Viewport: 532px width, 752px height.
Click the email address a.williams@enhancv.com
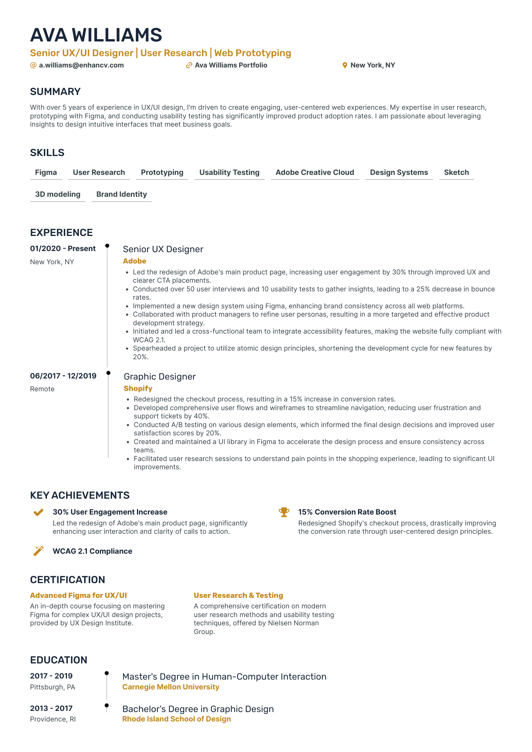(81, 65)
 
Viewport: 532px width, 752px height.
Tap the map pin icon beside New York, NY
(344, 65)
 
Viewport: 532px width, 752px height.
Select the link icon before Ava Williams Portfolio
(189, 65)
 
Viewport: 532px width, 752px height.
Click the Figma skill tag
(46, 173)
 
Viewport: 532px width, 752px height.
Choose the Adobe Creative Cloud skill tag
(315, 173)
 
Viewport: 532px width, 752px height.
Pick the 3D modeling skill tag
(58, 195)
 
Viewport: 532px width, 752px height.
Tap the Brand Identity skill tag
(121, 195)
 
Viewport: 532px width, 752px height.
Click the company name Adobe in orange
(135, 261)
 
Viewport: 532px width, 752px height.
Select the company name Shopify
(138, 389)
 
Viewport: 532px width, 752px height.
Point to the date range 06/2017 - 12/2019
(63, 376)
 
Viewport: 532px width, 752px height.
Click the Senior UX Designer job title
(163, 249)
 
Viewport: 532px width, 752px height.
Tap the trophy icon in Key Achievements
(284, 512)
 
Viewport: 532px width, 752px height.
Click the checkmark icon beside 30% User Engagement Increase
(38, 512)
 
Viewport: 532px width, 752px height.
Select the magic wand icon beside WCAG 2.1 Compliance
(38, 551)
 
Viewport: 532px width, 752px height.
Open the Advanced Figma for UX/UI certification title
(78, 596)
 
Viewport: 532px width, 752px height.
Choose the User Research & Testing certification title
(238, 596)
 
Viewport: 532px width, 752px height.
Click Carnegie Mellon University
(171, 687)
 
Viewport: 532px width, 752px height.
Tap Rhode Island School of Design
(177, 719)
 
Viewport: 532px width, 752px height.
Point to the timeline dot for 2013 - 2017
(107, 705)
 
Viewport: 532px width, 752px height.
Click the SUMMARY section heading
(55, 92)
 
